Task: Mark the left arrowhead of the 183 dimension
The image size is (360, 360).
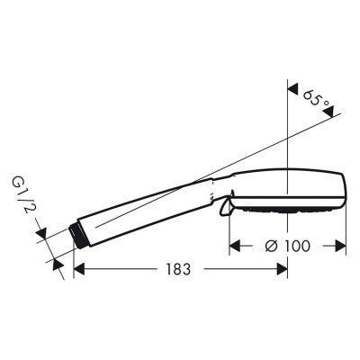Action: pos(78,268)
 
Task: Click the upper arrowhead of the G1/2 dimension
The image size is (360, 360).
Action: pos(45,236)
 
